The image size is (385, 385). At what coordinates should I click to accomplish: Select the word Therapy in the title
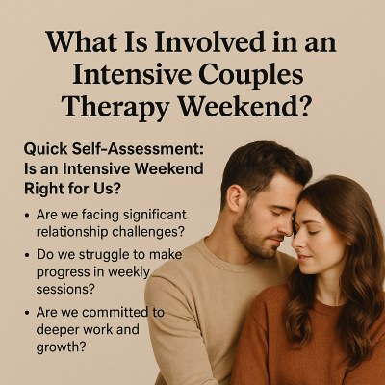pos(115,107)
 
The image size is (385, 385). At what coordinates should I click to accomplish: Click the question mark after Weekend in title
pos(303,106)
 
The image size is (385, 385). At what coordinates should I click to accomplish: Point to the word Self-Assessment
pos(138,149)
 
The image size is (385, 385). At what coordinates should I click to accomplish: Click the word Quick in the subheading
pos(45,150)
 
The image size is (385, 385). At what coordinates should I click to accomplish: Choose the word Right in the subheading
pos(41,190)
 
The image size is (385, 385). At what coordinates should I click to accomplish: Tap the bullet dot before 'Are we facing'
pos(27,216)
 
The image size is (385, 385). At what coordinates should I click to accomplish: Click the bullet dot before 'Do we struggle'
pos(27,255)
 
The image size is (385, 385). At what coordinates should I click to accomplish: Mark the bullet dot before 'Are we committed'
pos(27,313)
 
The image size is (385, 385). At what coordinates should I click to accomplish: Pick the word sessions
pos(65,289)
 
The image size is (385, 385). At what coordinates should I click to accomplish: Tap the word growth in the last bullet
pos(61,347)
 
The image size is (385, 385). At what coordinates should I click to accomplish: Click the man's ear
pos(234,198)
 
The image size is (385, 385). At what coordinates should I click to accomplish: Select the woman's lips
pos(303,257)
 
